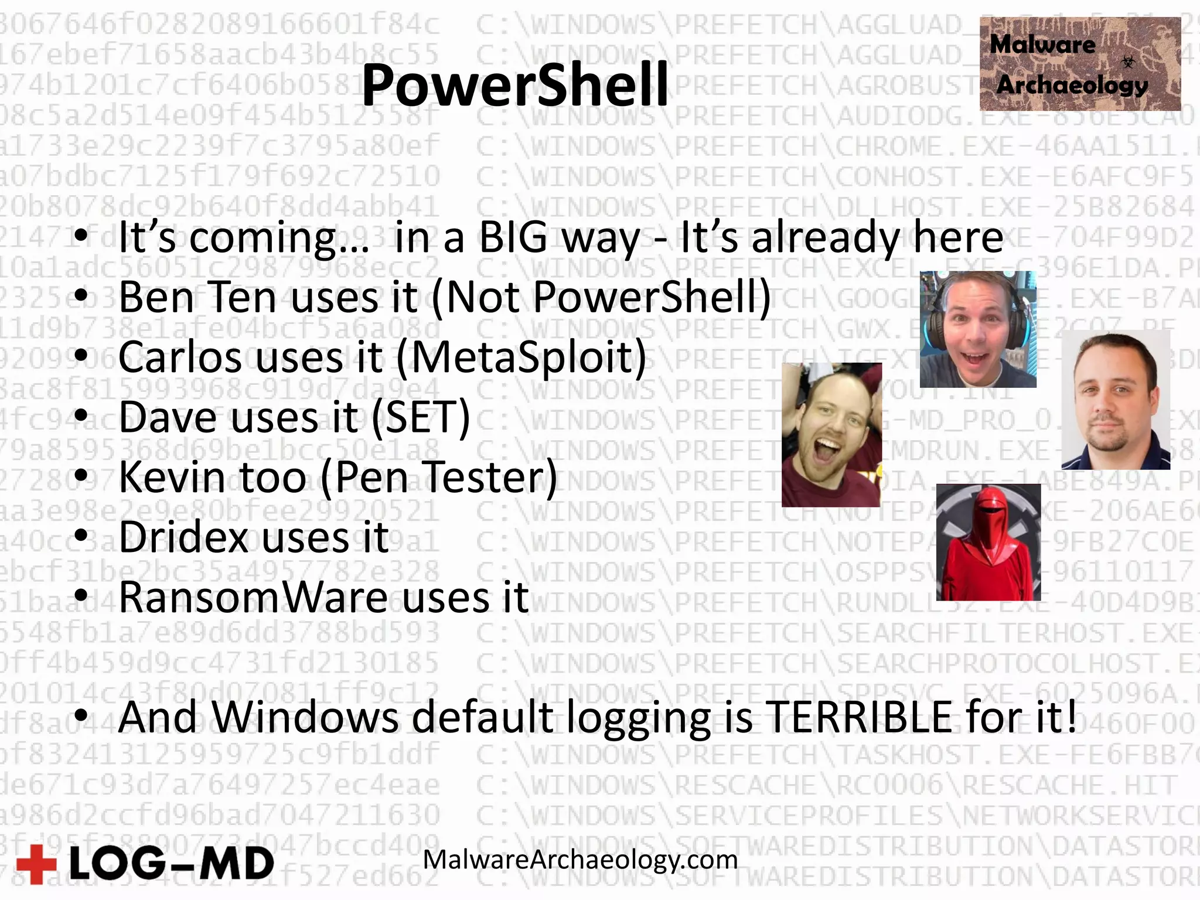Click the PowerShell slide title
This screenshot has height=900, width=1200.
pos(514,86)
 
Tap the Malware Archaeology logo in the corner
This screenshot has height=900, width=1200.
pos(1079,64)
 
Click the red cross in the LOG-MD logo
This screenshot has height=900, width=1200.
pos(36,864)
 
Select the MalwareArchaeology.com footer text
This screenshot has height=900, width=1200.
pos(580,860)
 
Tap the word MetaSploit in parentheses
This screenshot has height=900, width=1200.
pos(521,357)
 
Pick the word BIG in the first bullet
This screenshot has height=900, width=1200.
pos(516,238)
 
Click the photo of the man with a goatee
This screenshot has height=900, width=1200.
pos(1115,400)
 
